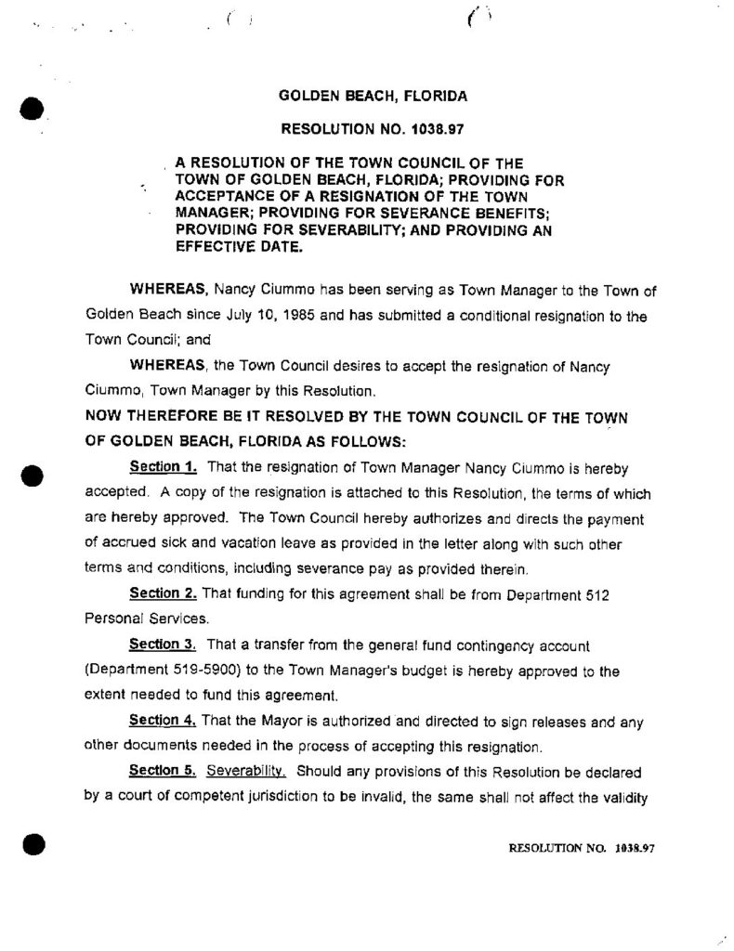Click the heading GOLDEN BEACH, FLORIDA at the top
click(x=373, y=95)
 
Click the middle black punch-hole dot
click(x=32, y=475)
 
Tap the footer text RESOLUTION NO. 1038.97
click(x=583, y=848)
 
